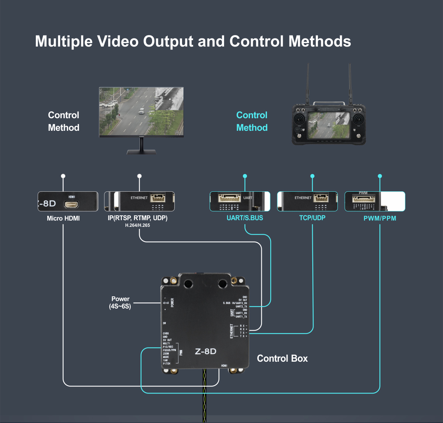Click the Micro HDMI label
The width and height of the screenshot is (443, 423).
(x=63, y=218)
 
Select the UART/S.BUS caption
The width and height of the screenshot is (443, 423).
(x=245, y=218)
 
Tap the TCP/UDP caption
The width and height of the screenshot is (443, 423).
(x=312, y=218)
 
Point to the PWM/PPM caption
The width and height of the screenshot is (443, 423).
(x=380, y=218)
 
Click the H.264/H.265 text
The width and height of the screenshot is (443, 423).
(x=137, y=225)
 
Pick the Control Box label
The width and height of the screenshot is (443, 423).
(x=282, y=358)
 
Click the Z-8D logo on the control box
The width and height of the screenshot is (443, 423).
(x=206, y=351)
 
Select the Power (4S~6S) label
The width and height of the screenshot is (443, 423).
(x=120, y=302)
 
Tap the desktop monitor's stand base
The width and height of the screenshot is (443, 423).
(x=141, y=152)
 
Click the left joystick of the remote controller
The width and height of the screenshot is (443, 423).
(x=300, y=120)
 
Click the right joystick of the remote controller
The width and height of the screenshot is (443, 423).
(x=358, y=120)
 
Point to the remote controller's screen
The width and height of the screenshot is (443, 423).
(x=329, y=126)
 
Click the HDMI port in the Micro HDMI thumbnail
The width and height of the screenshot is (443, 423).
(x=71, y=204)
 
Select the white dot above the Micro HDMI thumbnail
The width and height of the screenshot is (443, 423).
(x=63, y=176)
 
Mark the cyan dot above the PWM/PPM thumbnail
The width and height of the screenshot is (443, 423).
(x=380, y=176)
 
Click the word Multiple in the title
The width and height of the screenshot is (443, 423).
(x=63, y=41)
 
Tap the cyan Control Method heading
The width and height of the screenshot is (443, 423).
(x=252, y=121)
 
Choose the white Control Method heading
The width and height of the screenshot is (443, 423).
(x=63, y=121)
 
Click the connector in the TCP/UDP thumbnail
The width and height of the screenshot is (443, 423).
(x=320, y=198)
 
